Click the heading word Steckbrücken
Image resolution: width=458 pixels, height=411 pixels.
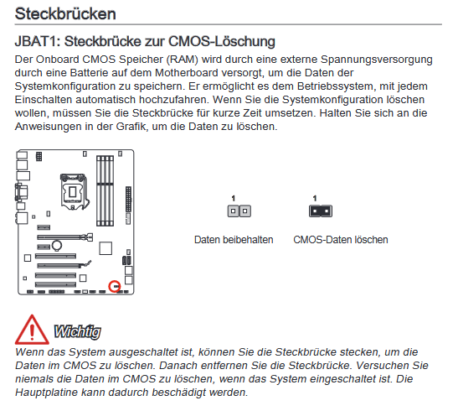click(x=65, y=13)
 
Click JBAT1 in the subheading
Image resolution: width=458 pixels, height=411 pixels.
click(x=38, y=41)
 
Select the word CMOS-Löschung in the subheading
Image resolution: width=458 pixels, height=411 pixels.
click(x=222, y=41)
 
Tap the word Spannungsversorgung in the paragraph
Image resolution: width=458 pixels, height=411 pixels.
click(x=377, y=60)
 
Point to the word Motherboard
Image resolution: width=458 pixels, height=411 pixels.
click(x=187, y=73)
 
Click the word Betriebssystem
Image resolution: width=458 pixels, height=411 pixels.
click(x=335, y=86)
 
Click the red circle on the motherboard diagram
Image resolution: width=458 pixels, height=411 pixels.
click(x=115, y=286)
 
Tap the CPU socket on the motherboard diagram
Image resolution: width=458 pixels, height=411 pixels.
click(x=73, y=191)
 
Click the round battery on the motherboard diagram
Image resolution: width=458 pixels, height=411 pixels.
click(x=57, y=246)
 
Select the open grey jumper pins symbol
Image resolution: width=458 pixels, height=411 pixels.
click(x=239, y=211)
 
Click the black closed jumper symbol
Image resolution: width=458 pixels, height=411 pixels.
click(x=321, y=211)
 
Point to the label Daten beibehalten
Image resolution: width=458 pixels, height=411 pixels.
click(x=234, y=240)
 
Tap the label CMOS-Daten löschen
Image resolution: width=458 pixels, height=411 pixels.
click(x=341, y=240)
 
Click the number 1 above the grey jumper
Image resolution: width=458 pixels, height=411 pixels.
click(x=234, y=198)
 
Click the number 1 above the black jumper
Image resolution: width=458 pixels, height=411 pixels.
click(x=315, y=198)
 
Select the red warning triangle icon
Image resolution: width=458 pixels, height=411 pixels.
click(x=32, y=330)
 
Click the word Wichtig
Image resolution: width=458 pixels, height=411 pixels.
click(x=78, y=332)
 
